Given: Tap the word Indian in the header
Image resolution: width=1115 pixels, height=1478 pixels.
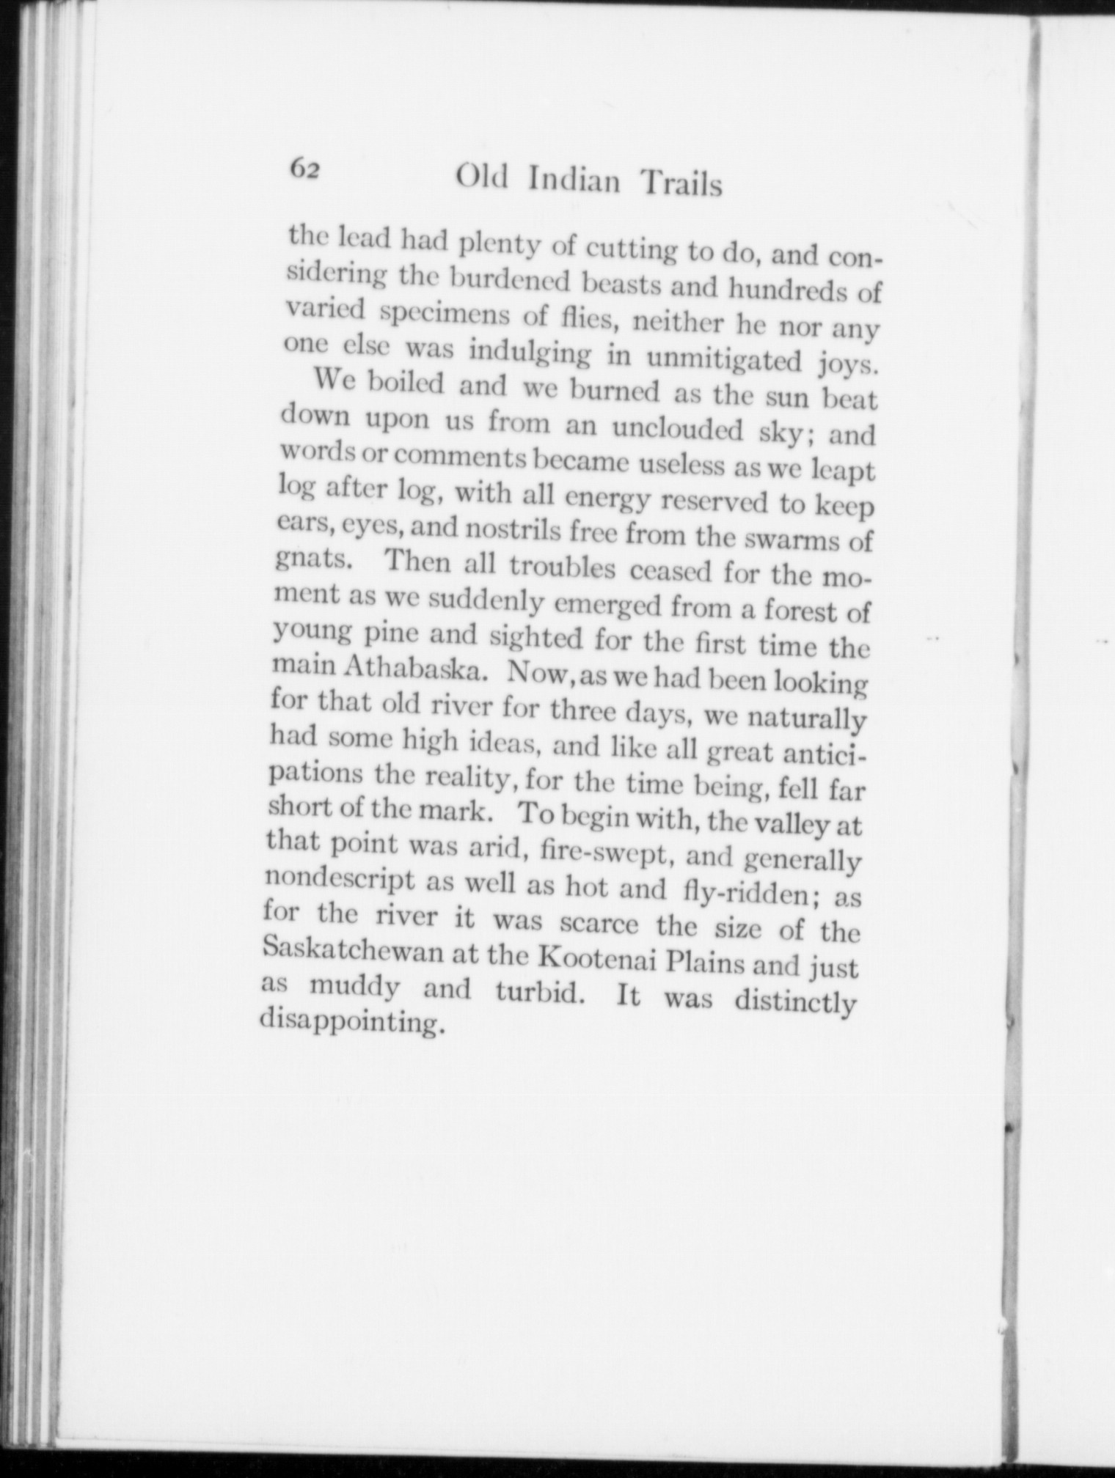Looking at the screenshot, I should [x=574, y=180].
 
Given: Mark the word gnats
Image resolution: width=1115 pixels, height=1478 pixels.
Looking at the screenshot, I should [x=313, y=561].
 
